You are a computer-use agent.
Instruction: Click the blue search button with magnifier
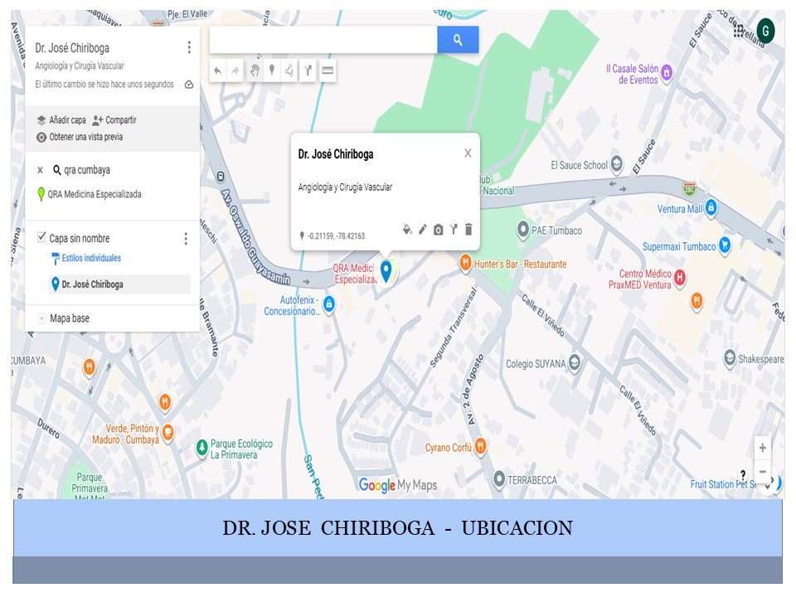point(458,40)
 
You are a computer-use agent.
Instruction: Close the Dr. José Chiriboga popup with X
point(468,153)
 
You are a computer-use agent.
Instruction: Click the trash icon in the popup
point(468,230)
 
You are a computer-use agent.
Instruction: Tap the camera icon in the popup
point(438,230)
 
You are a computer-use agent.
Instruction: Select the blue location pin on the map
point(386,270)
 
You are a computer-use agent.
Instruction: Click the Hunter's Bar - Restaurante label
point(521,264)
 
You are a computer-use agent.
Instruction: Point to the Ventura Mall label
point(680,209)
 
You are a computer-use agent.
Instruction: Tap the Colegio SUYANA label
point(536,363)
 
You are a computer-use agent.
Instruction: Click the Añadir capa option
point(66,120)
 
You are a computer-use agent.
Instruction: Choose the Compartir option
point(120,120)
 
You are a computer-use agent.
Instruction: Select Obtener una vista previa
point(90,137)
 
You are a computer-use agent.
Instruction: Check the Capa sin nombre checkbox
point(42,238)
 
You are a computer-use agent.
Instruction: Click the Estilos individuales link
point(91,258)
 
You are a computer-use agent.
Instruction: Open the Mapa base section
point(69,318)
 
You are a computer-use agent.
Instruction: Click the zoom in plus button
point(762,448)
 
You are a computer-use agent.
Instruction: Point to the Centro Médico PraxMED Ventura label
point(645,279)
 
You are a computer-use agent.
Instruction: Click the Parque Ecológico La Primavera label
point(241,449)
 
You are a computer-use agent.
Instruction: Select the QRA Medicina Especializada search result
point(95,194)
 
